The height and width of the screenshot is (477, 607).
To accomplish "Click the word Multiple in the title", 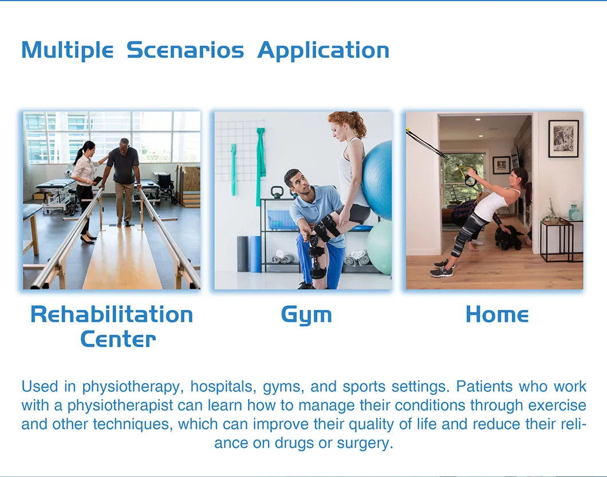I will pyautogui.click(x=67, y=50).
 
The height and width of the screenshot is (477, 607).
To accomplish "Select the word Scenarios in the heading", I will pyautogui.click(x=185, y=50).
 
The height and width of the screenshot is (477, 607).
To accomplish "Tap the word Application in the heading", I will pyautogui.click(x=323, y=50).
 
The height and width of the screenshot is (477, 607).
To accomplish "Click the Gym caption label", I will pyautogui.click(x=306, y=315).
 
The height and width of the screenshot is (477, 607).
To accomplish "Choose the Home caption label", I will pyautogui.click(x=496, y=315).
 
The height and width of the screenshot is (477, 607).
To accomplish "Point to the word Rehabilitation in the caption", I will pyautogui.click(x=112, y=315).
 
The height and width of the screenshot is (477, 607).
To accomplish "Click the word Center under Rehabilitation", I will pyautogui.click(x=117, y=339).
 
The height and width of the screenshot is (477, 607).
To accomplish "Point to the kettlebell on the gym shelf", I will pyautogui.click(x=277, y=192).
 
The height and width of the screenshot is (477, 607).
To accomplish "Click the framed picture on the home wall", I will pyautogui.click(x=563, y=138).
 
